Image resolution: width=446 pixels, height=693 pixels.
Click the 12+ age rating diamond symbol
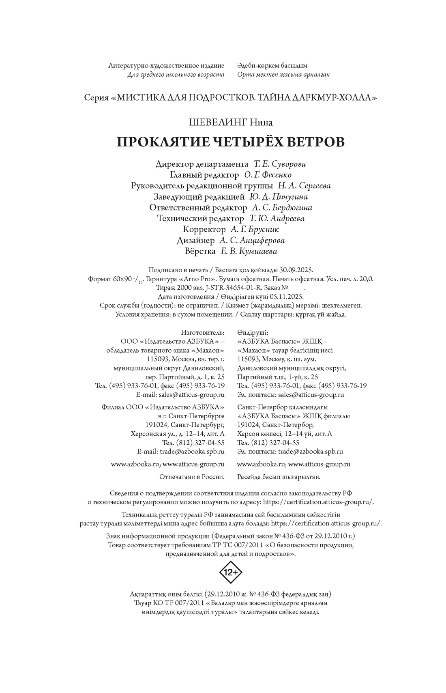[x=231, y=572]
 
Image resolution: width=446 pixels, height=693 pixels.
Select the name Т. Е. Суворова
[x=280, y=164]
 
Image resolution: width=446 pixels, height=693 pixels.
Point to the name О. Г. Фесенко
[x=268, y=175]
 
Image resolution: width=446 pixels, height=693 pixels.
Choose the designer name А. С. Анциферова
[x=252, y=241]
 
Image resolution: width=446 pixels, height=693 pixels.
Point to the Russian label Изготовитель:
[x=203, y=332]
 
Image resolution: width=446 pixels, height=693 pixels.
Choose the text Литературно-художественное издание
[x=167, y=65]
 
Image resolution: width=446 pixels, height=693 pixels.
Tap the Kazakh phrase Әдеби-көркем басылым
[x=272, y=65]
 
